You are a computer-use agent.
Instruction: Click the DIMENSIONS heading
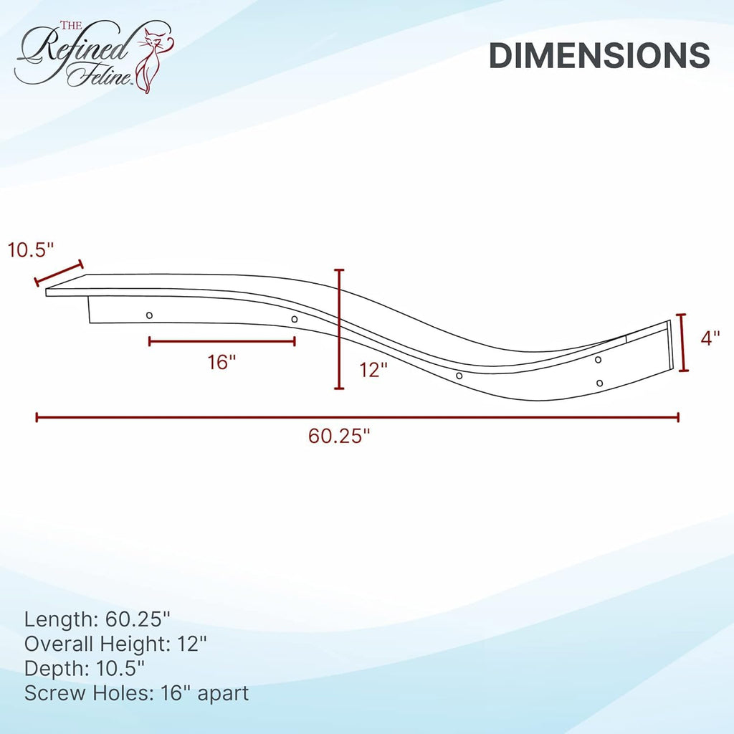coord(599,56)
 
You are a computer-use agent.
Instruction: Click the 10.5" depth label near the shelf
coord(31,250)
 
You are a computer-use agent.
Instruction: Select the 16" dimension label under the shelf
coord(221,362)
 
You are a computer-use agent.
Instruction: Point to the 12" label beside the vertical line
coord(373,370)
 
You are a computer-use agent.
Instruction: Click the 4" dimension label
coord(710,338)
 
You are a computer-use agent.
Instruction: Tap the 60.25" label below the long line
coord(339,436)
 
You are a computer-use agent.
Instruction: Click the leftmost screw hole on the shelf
coord(149,315)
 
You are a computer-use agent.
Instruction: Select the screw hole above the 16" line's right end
coord(295,319)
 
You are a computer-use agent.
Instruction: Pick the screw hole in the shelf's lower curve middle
coord(459,376)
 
